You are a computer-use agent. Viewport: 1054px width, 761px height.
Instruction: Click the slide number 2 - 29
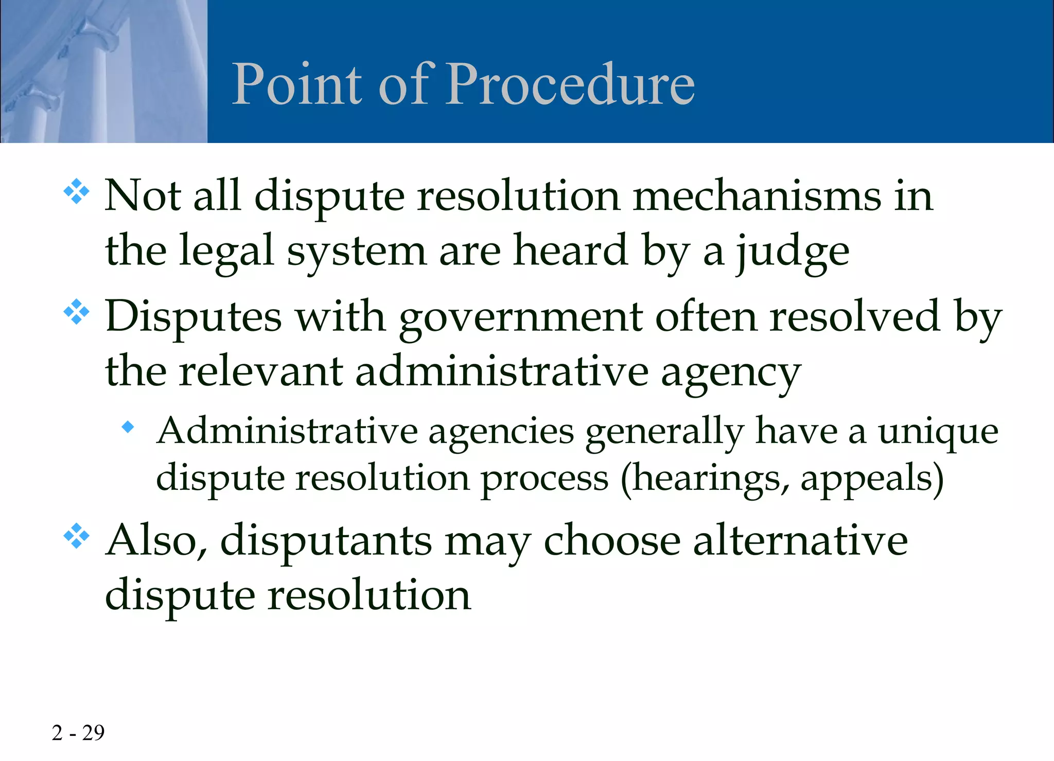pos(78,733)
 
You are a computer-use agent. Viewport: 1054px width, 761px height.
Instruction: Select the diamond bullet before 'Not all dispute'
pos(76,192)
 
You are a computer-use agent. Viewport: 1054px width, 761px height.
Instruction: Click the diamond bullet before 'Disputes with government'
pos(76,312)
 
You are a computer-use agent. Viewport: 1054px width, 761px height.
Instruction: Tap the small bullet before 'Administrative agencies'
pos(128,426)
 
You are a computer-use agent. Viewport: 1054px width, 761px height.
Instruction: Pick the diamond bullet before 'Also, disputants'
pos(76,536)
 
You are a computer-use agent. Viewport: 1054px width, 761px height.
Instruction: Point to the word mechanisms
pos(757,197)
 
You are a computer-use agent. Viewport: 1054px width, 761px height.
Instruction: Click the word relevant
pos(261,371)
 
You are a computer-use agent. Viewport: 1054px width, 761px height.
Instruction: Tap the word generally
pos(664,432)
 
